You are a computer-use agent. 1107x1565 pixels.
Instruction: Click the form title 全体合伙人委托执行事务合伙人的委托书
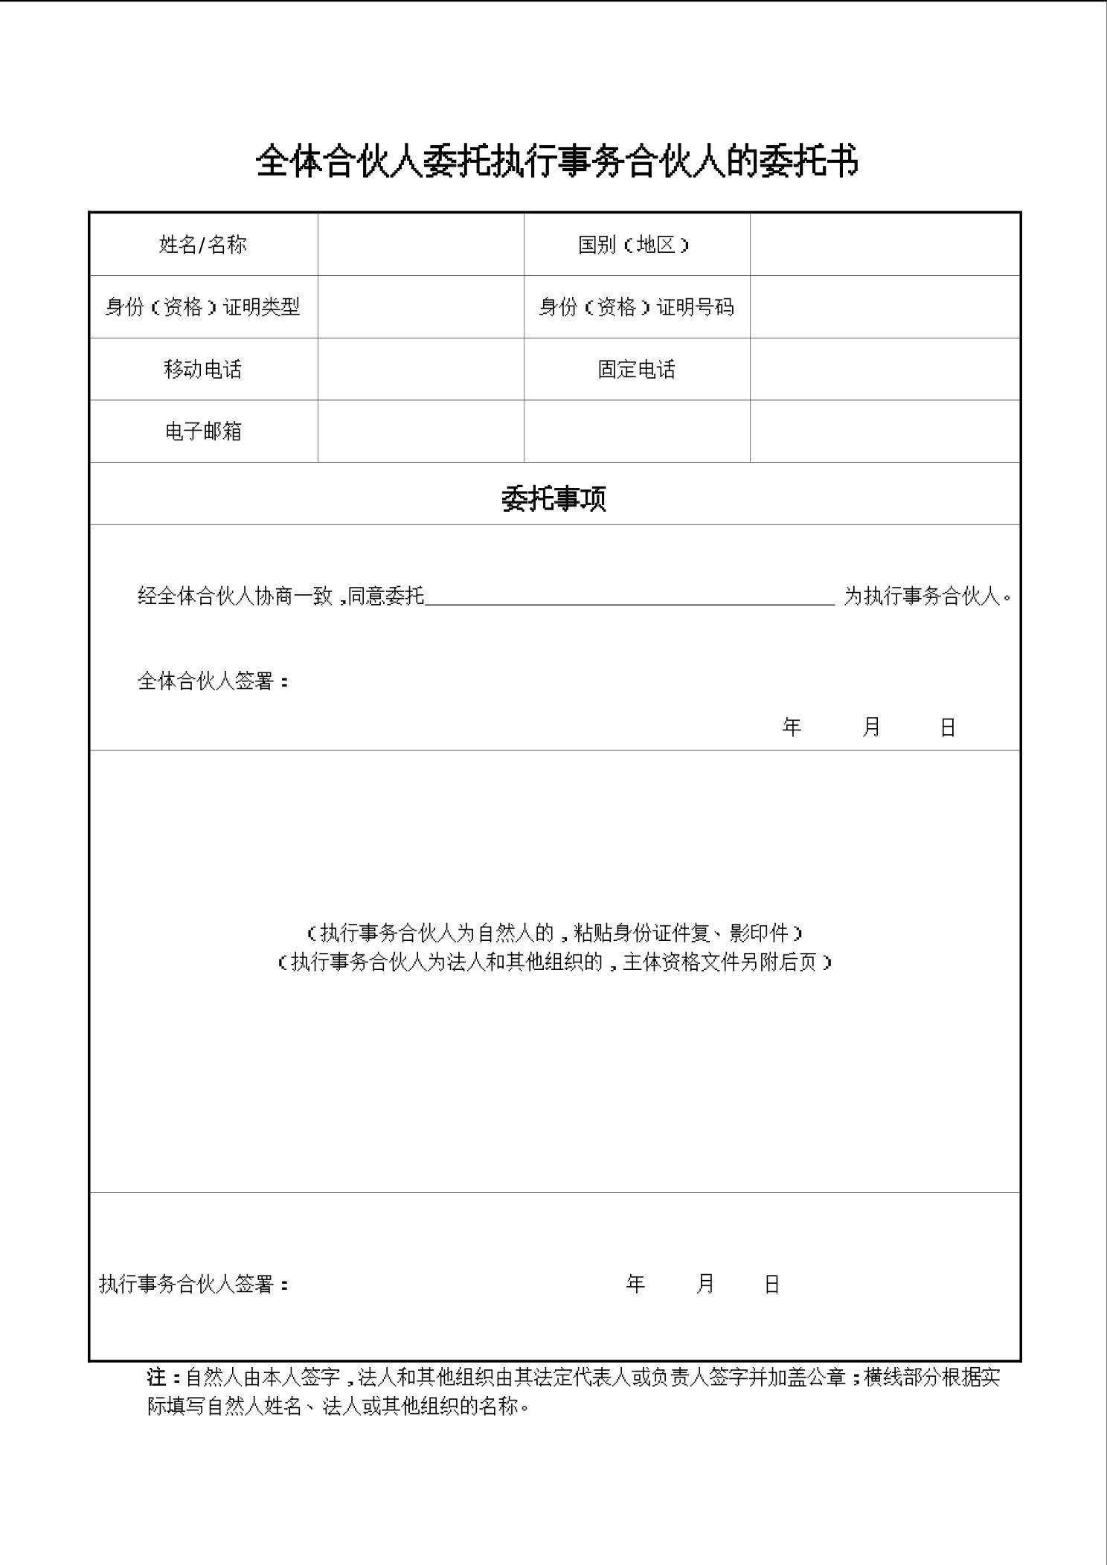coord(556,161)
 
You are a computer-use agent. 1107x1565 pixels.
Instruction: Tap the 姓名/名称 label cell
coord(202,245)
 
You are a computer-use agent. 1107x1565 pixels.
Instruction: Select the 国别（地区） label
coord(635,245)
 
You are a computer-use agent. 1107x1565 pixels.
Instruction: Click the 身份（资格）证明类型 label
coord(202,306)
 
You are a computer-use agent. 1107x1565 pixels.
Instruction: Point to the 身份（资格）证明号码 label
coord(636,306)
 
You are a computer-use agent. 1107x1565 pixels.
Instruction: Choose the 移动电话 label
coord(202,369)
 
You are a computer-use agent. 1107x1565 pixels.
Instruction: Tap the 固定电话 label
coord(636,369)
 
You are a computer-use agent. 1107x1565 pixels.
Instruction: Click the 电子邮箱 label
coord(202,431)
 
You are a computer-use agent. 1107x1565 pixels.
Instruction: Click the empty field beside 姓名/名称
coord(420,245)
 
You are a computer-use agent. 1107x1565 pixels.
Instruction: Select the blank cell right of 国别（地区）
coord(884,245)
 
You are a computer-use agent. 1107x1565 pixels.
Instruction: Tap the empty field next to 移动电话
coord(420,369)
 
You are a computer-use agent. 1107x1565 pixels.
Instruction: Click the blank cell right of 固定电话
coord(884,369)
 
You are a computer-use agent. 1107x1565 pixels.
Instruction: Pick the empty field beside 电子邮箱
coord(420,431)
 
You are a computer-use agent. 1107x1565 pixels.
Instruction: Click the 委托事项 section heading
coord(553,498)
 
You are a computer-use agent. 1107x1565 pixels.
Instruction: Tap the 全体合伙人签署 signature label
coord(213,681)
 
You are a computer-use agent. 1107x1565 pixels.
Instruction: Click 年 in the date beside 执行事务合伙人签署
coord(635,1284)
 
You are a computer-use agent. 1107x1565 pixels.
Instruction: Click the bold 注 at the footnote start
coord(156,1377)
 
